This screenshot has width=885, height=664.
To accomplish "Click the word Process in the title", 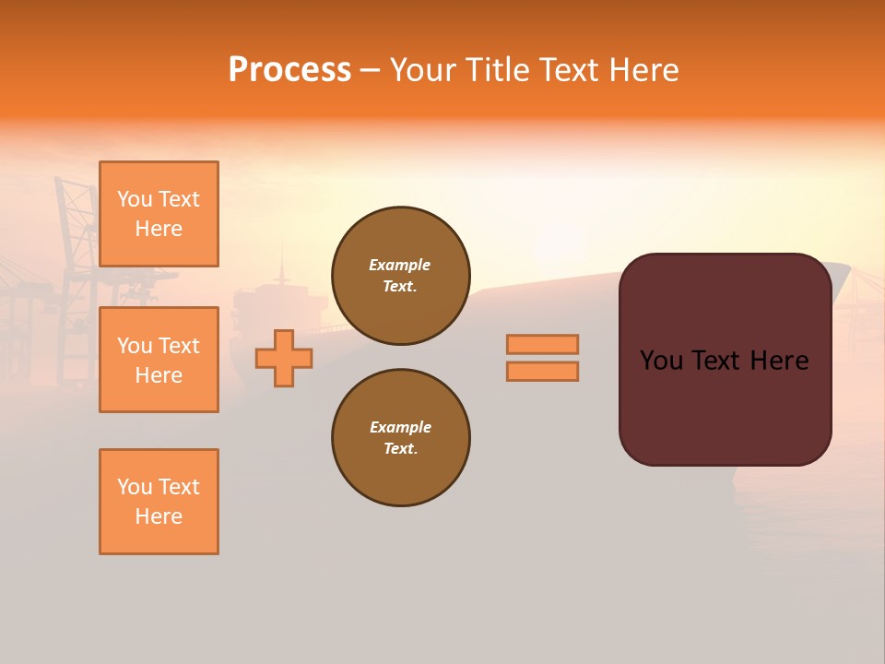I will (x=289, y=70).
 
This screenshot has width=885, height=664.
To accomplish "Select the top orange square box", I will (x=159, y=214).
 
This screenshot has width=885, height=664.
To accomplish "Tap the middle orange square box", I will (x=159, y=360).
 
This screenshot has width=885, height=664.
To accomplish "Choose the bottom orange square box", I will (x=159, y=502).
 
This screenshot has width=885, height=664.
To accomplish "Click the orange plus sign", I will (x=284, y=358).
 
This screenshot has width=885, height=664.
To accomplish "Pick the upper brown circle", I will (x=400, y=276).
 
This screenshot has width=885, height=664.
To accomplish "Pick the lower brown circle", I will (x=400, y=438).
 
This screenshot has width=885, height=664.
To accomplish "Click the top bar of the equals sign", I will (x=542, y=344).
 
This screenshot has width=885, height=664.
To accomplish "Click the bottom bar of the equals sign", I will (x=542, y=371).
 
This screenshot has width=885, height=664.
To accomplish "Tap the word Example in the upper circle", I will (x=400, y=265).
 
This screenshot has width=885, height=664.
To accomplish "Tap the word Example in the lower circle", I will (x=400, y=427).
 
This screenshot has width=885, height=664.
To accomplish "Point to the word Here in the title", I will (x=643, y=70).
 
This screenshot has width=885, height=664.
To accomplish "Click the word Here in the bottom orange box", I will (x=159, y=516).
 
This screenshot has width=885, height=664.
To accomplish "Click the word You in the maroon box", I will (x=661, y=361).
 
